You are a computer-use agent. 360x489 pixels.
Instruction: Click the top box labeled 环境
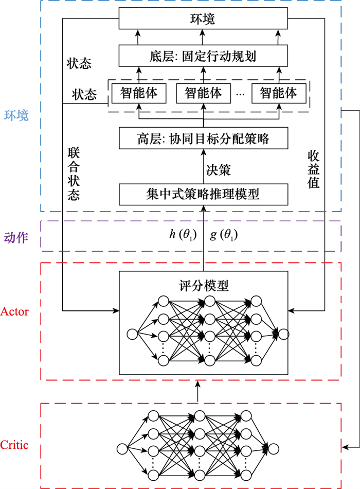[203, 19]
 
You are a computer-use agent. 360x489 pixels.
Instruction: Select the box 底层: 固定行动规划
[203, 56]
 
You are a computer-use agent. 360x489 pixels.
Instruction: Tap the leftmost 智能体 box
[139, 93]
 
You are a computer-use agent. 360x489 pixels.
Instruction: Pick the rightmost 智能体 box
[279, 93]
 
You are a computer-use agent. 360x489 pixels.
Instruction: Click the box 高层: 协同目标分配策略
[203, 138]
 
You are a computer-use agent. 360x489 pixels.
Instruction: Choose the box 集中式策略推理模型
[203, 194]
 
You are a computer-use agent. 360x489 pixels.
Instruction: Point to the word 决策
[218, 170]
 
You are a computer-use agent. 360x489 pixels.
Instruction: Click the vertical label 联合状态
[74, 174]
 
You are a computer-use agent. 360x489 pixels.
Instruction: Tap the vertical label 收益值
[314, 169]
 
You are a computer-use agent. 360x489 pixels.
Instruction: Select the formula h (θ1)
[183, 235]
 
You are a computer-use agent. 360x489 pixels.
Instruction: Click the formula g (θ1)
[224, 235]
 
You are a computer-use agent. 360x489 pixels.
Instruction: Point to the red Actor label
[14, 311]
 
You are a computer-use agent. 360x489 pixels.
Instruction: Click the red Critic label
[14, 445]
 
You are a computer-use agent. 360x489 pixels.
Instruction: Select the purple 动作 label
[16, 238]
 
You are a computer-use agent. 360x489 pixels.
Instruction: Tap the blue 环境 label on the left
[16, 115]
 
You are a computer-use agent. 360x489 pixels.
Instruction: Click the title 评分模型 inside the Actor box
[204, 285]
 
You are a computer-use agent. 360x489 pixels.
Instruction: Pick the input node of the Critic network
[122, 449]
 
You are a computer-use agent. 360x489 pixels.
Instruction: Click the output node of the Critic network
[274, 449]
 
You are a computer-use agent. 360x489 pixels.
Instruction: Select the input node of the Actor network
[133, 334]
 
